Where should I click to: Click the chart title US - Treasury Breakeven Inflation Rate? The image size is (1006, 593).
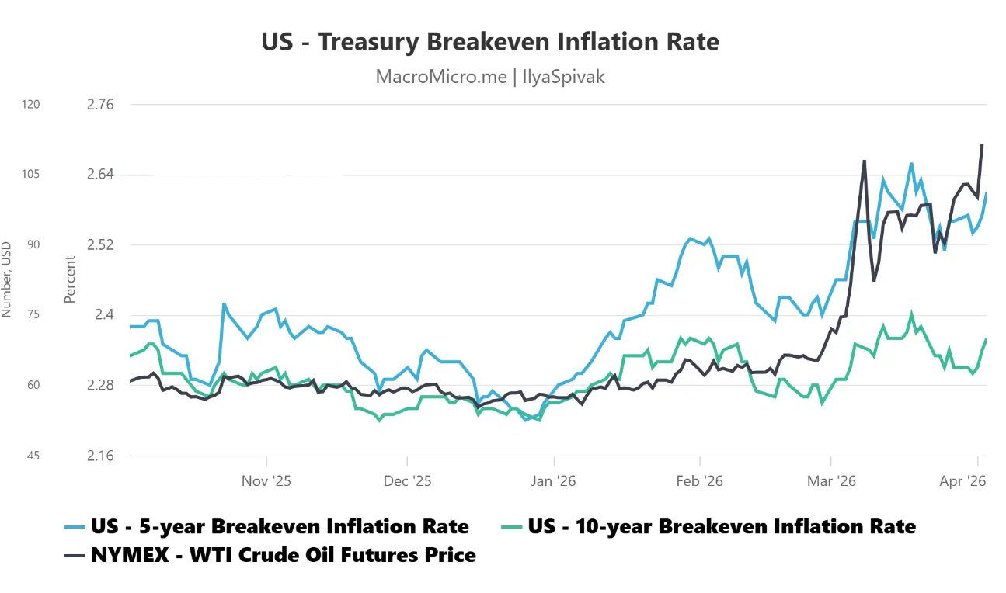click(490, 42)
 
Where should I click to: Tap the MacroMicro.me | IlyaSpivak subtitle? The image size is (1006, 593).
click(490, 77)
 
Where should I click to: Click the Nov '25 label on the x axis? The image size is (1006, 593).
click(266, 481)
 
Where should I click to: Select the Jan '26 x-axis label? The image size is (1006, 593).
click(553, 481)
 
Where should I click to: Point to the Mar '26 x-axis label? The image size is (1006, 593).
click(831, 481)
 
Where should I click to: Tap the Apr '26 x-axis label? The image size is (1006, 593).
click(962, 481)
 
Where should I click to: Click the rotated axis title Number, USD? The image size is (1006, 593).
click(7, 279)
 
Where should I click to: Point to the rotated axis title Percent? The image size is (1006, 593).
click(70, 279)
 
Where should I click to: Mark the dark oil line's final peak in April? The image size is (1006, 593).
click(983, 144)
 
